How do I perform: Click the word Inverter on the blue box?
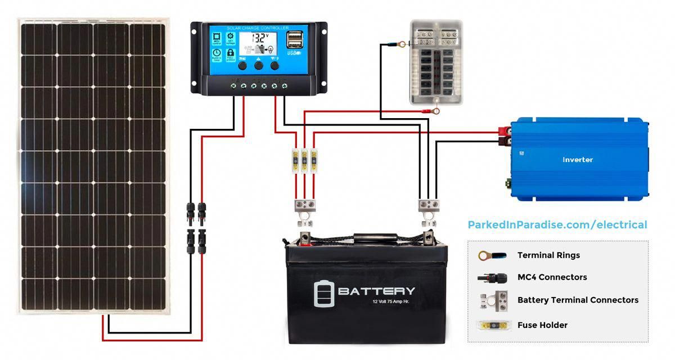578,160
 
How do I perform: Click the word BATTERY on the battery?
376,291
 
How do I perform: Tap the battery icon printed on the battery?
323,293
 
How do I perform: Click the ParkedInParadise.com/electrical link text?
557,225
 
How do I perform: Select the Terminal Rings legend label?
548,255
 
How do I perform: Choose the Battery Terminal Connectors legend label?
578,300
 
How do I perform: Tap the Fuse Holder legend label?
542,325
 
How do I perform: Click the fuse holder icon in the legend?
491,325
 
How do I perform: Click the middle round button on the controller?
259,66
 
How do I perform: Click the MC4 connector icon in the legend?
491,277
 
